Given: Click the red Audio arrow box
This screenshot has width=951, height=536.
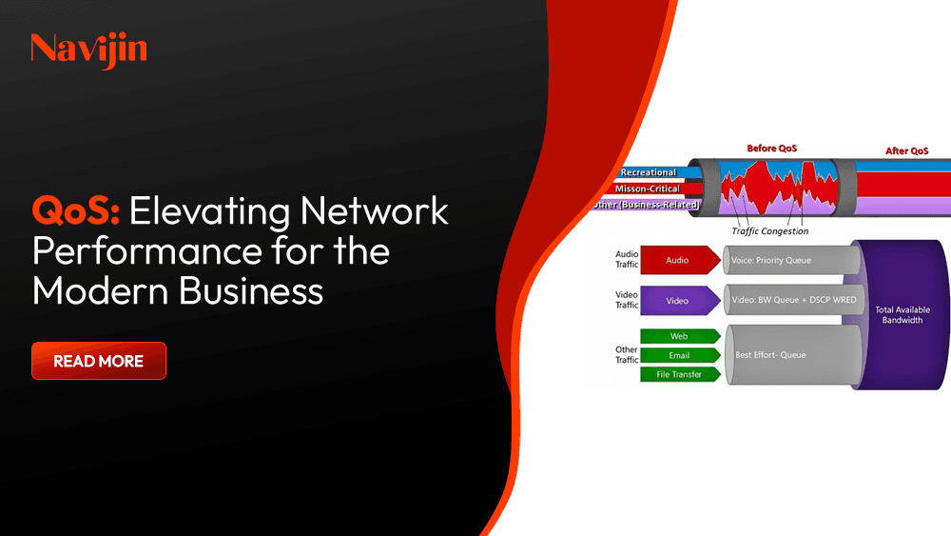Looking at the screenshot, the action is pyautogui.click(x=678, y=259).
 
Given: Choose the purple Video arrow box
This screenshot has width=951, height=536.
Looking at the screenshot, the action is pyautogui.click(x=678, y=301).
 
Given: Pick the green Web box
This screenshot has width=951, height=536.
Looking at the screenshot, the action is pyautogui.click(x=678, y=336).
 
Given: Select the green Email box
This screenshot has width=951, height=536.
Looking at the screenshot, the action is pyautogui.click(x=678, y=355).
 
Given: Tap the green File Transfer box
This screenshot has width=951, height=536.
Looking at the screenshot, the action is pyautogui.click(x=678, y=374).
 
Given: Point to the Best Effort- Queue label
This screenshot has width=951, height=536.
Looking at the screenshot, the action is pyautogui.click(x=770, y=355).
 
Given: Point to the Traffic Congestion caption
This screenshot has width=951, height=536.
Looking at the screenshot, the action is pyautogui.click(x=770, y=231).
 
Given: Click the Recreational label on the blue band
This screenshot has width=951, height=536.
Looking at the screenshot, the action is pyautogui.click(x=648, y=172).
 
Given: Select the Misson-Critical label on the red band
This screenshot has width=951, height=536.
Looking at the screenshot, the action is pyautogui.click(x=649, y=189).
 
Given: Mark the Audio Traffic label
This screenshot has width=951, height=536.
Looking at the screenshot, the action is pyautogui.click(x=627, y=259).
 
